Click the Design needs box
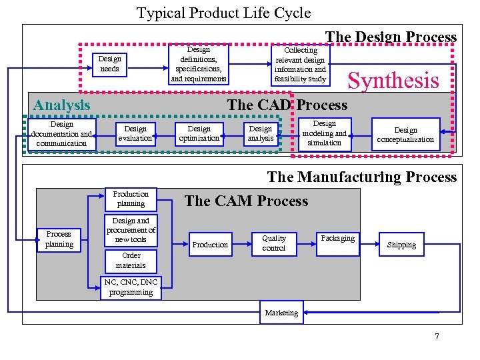coord(109,64)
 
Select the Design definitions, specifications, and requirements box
coord(199,64)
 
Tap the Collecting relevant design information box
coord(301,64)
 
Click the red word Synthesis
coord(393,81)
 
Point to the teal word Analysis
coord(61,105)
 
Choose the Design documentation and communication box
coord(62,133)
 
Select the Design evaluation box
coord(135,133)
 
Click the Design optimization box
coord(199,133)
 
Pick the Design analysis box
coord(261,133)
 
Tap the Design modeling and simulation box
coord(324,133)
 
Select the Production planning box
coord(131,199)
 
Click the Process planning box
coord(59,239)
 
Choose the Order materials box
coord(131,260)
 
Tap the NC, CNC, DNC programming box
coord(131,287)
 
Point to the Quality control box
coord(273,243)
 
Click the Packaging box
coord(338,239)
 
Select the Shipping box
coord(401,245)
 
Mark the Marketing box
coord(281,313)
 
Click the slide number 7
coord(437,336)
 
